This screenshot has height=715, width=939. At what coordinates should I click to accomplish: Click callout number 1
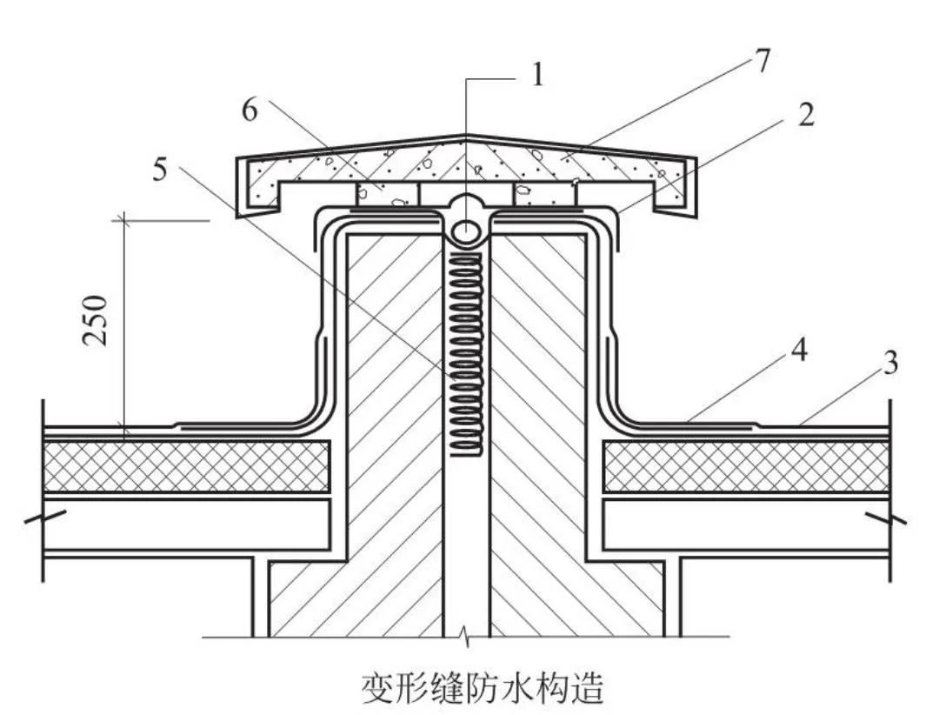537,77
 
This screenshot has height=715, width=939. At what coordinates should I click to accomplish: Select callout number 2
806,114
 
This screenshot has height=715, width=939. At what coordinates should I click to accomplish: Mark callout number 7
762,63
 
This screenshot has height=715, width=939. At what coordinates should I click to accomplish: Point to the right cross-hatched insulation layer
746,466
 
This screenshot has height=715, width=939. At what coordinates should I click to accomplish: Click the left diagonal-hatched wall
391,418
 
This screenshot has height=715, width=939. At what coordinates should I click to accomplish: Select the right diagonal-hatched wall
543,418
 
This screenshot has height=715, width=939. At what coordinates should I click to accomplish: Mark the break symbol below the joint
467,639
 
